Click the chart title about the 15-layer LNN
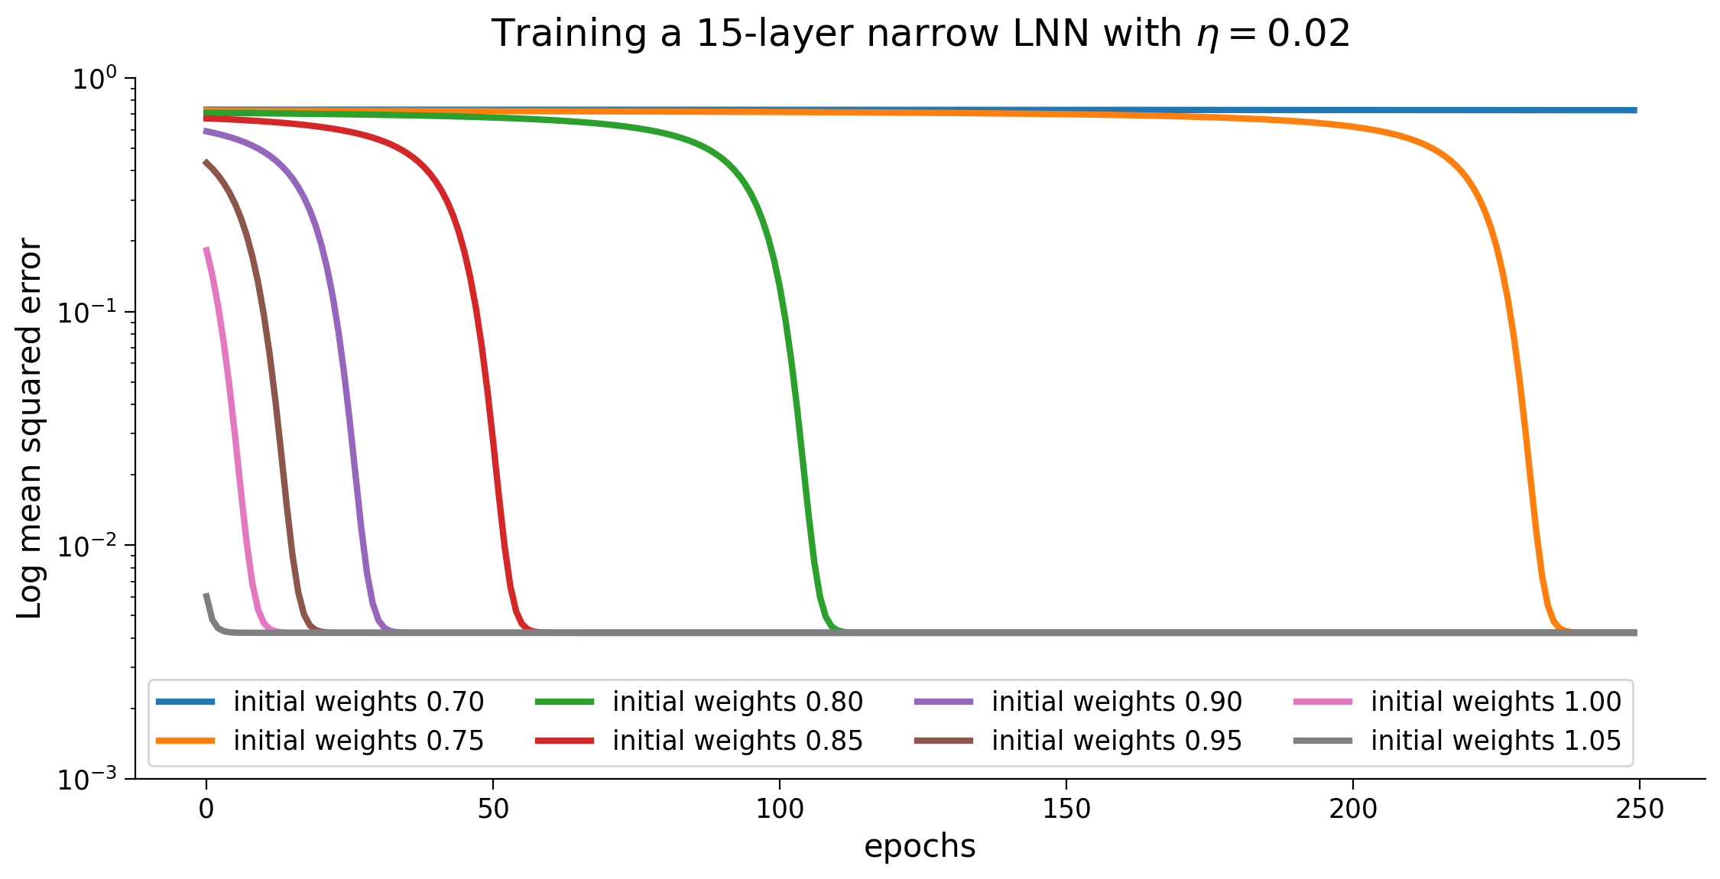click(920, 34)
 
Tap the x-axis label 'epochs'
click(920, 846)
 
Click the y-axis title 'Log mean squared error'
click(31, 428)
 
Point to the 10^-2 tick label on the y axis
click(87, 547)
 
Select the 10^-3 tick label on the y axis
click(87, 780)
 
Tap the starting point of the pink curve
click(206, 248)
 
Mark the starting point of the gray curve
click(206, 595)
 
